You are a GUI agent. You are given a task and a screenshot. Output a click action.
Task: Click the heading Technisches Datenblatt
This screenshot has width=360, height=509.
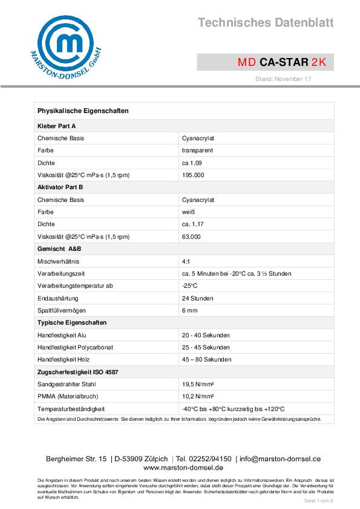point(266,23)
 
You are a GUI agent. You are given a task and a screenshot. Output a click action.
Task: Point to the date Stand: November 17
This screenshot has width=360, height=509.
point(283,79)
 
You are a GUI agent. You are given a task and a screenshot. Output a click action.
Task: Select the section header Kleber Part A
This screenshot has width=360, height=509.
point(57,126)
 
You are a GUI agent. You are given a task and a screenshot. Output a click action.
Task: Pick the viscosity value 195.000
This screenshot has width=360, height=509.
point(193,175)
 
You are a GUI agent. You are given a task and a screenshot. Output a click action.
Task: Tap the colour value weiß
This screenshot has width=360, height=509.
point(188,212)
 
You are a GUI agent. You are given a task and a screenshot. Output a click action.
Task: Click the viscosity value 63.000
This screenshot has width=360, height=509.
point(191,237)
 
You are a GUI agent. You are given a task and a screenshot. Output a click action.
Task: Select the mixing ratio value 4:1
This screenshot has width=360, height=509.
point(186,261)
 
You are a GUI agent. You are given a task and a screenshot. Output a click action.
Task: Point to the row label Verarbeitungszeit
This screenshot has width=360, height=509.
point(61,274)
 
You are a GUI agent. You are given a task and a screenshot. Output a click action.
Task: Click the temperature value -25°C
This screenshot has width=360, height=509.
point(189,286)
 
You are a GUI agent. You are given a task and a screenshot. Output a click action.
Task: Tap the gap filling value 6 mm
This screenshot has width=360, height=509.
point(189,311)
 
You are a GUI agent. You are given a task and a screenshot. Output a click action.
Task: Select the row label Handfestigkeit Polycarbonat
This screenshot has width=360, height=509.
point(75,348)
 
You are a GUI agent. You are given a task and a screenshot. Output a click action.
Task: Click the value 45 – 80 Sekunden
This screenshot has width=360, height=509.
point(206,360)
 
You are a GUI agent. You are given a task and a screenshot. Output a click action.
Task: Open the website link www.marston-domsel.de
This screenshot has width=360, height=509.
point(183,468)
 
